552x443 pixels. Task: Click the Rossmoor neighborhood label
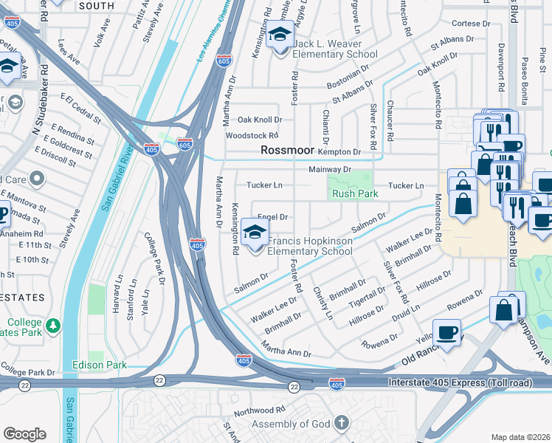coord(287,151)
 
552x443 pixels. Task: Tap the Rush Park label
coord(355,193)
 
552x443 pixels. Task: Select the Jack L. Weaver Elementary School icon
coord(280,37)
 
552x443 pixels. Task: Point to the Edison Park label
coord(100,365)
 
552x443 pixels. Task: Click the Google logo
coord(24,433)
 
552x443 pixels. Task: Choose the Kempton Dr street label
coord(339,151)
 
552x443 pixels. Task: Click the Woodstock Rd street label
coord(252,136)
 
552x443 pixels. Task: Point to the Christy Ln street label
coord(322,303)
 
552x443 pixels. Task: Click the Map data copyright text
coord(521,437)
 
